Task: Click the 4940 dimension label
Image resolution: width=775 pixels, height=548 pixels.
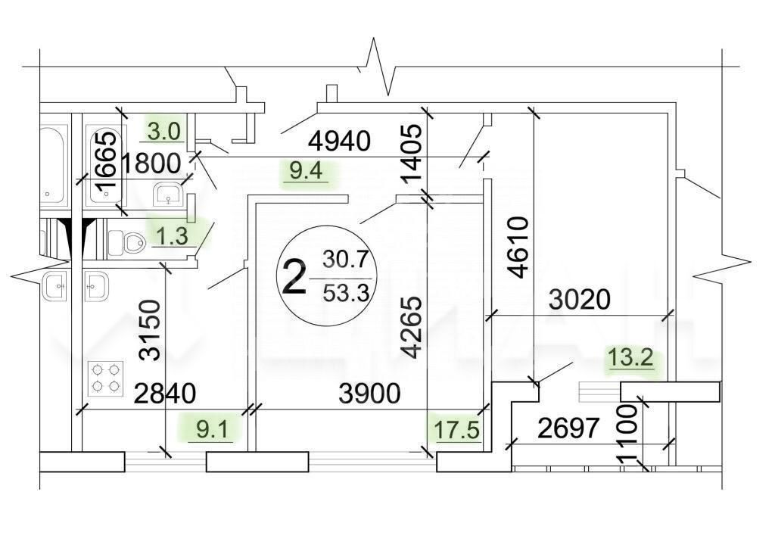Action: click(339, 142)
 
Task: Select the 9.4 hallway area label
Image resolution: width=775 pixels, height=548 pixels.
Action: click(307, 172)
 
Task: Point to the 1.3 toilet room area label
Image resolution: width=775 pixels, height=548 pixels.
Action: click(173, 236)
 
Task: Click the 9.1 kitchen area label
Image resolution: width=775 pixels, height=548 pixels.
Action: click(213, 429)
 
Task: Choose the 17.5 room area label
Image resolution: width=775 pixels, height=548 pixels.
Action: click(457, 429)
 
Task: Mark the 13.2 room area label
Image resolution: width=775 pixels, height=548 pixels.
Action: click(631, 357)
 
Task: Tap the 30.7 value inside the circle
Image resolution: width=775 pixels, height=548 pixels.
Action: click(345, 259)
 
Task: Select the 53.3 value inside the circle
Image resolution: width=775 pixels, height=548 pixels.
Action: click(347, 293)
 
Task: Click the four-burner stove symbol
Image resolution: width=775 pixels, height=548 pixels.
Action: click(105, 378)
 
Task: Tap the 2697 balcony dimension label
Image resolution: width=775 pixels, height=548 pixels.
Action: click(568, 428)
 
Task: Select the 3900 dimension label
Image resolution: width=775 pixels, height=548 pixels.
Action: click(369, 394)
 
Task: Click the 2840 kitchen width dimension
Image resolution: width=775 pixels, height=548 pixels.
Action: click(165, 394)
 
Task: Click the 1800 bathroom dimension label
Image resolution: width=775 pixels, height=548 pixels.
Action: click(151, 163)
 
